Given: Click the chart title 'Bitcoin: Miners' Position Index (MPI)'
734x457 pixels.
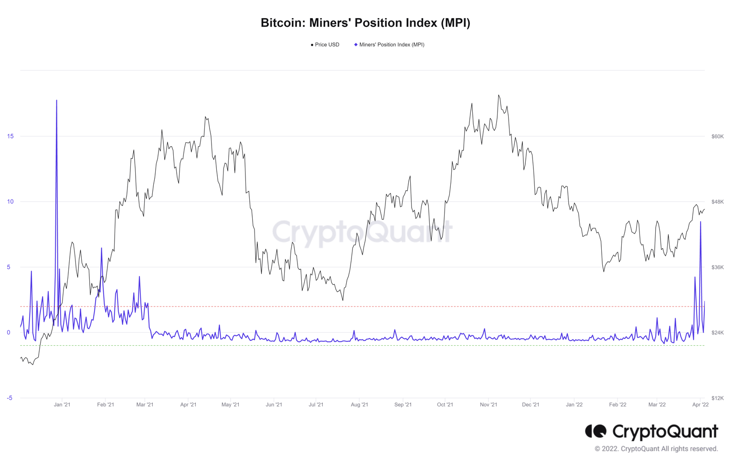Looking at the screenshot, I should (365, 22).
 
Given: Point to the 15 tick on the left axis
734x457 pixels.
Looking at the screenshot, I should (10, 136).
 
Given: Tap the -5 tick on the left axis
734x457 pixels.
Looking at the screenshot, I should (10, 398).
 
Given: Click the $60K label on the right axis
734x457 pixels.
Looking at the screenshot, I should (717, 137).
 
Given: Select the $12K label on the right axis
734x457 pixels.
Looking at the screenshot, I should (717, 398).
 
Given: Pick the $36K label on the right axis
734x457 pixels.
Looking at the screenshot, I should (717, 267).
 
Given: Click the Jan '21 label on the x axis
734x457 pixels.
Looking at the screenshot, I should (62, 405).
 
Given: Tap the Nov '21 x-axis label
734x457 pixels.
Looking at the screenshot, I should (489, 405).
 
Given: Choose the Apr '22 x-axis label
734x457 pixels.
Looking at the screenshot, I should (700, 405).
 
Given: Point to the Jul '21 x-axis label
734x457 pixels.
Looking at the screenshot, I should (316, 405).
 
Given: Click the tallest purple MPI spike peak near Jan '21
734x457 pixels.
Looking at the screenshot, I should (57, 101).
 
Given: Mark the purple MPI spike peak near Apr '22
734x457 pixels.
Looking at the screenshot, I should (701, 222).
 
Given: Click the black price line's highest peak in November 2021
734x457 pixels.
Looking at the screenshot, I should (499, 95).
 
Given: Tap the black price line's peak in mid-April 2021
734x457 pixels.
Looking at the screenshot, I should (205, 117).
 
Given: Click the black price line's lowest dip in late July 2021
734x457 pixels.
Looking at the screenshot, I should (343, 300).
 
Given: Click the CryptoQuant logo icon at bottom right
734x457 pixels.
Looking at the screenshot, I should (596, 431).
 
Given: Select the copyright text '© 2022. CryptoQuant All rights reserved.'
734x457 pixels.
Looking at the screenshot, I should (656, 449).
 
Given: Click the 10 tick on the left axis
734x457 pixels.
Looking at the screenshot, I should (10, 202).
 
